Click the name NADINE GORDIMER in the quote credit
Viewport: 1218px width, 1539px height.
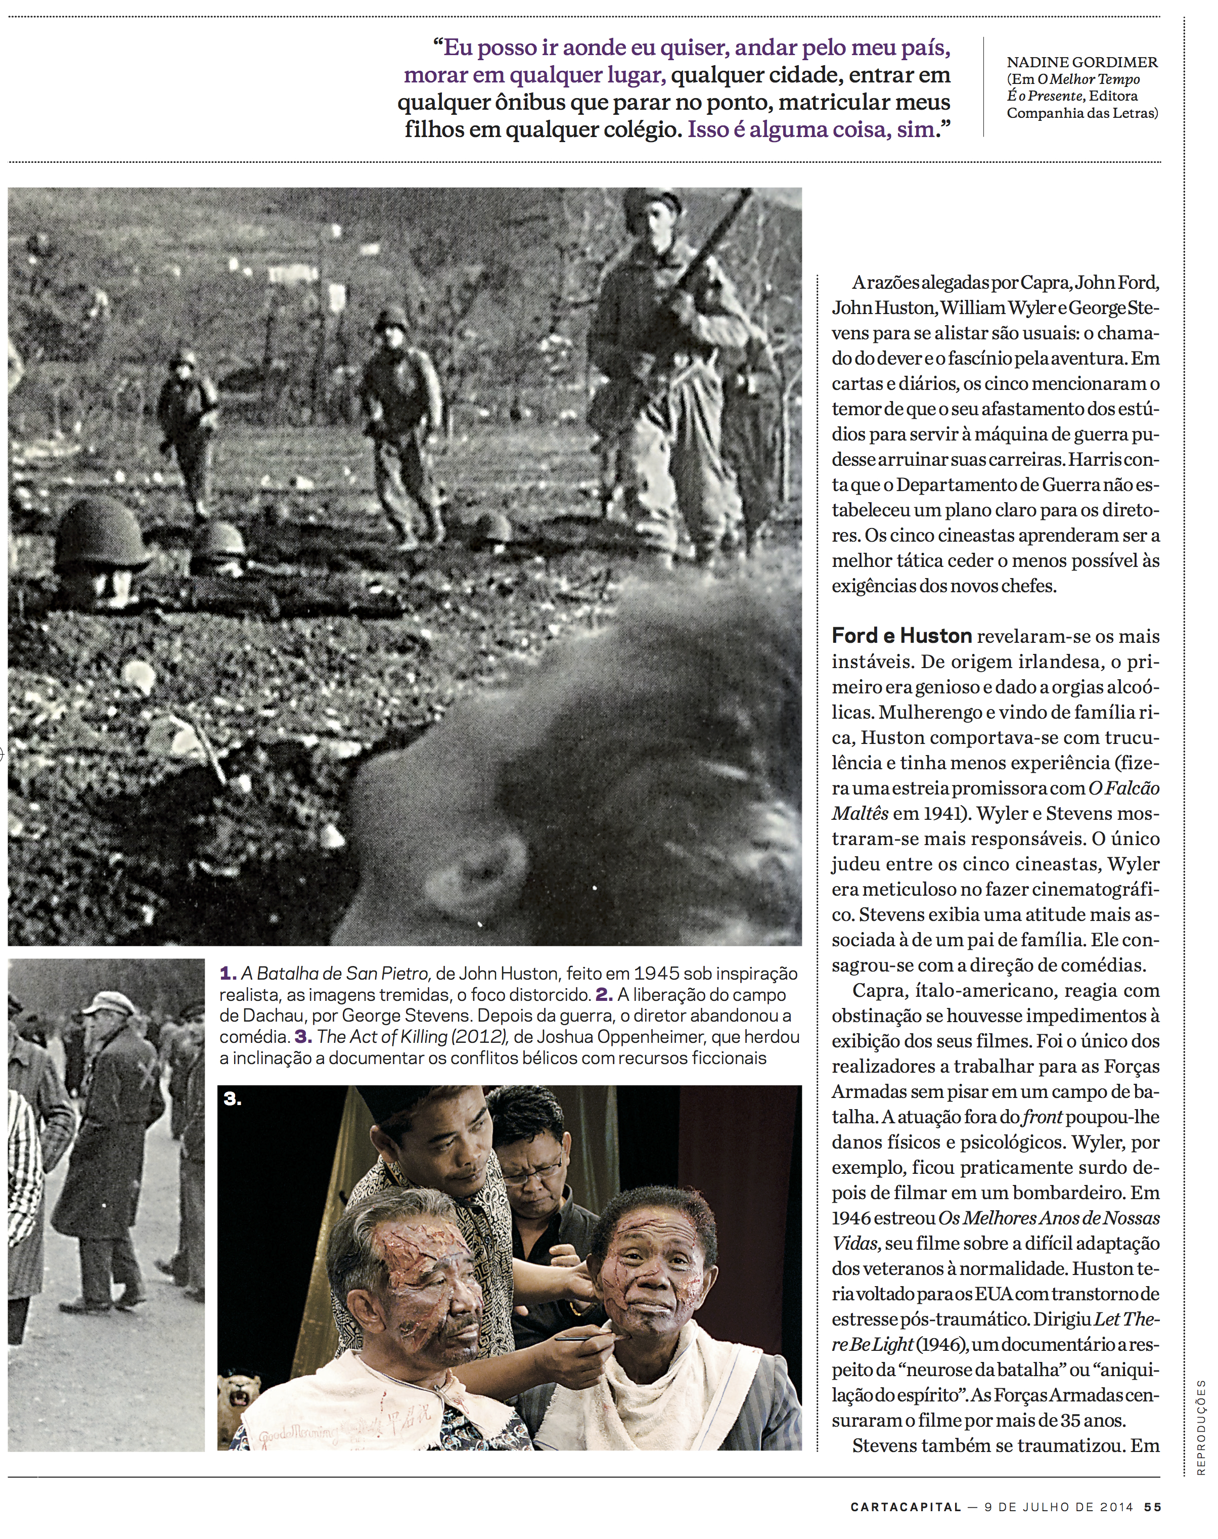(x=1082, y=63)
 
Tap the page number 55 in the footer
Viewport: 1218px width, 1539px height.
(x=1152, y=1507)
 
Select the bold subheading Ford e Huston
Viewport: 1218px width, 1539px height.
(x=901, y=635)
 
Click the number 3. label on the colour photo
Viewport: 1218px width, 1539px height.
(x=233, y=1099)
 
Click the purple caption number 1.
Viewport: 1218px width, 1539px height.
(x=228, y=974)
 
